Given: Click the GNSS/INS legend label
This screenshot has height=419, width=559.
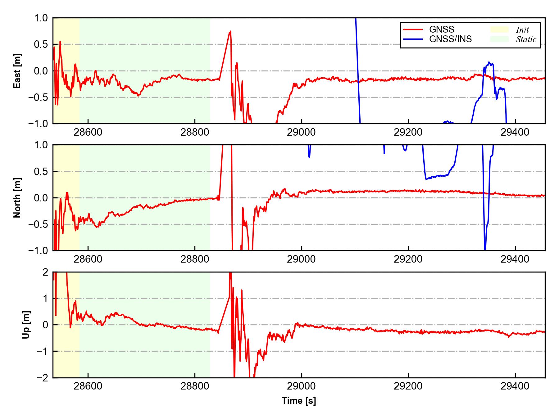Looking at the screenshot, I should point(450,39).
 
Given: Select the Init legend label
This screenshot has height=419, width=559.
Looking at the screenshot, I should point(522,30).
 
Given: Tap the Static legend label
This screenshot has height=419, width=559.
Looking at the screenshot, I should point(526,39).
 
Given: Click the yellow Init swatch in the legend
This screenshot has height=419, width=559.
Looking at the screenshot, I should point(499,29).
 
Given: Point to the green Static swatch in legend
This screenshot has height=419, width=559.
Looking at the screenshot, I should point(499,39).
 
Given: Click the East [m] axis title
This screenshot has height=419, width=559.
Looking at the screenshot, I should point(18,71).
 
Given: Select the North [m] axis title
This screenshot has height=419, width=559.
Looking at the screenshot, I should point(18,198).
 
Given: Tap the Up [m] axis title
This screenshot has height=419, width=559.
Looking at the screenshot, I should point(26,325).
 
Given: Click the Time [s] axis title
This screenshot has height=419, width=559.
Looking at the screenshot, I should point(299,401).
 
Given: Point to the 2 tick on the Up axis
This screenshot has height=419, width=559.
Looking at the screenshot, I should point(45,272).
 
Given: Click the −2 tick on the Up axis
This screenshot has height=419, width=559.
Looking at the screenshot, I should point(42,378).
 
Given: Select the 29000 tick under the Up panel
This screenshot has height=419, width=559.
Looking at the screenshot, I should point(301,386).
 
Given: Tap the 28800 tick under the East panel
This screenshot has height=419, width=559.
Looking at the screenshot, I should point(195,132).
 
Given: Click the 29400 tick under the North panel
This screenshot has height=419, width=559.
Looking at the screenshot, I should point(515,259).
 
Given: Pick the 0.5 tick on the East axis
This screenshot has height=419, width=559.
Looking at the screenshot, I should point(41,44).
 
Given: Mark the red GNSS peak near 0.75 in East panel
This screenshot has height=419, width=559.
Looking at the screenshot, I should point(230,31).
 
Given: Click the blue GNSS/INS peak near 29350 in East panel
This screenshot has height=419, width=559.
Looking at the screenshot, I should point(489,62).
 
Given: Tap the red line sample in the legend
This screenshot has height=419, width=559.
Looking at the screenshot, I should point(413,29).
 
